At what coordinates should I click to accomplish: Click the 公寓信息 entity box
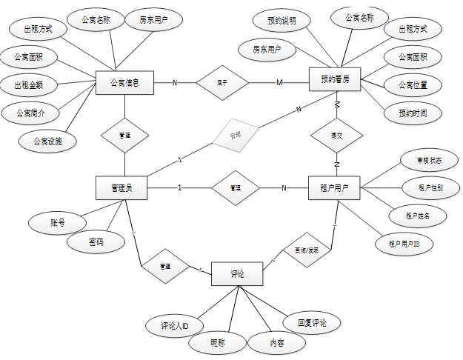pyautogui.click(x=124, y=81)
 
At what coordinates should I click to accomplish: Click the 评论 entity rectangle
pyautogui.click(x=237, y=273)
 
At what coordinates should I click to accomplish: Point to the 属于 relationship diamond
pyautogui.click(x=222, y=82)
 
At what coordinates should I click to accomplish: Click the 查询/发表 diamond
pyautogui.click(x=302, y=250)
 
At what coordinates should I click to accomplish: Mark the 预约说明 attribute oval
pyautogui.click(x=282, y=21)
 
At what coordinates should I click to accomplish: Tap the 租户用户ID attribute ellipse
pyautogui.click(x=403, y=243)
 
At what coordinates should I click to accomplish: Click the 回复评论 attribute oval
pyautogui.click(x=313, y=322)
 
